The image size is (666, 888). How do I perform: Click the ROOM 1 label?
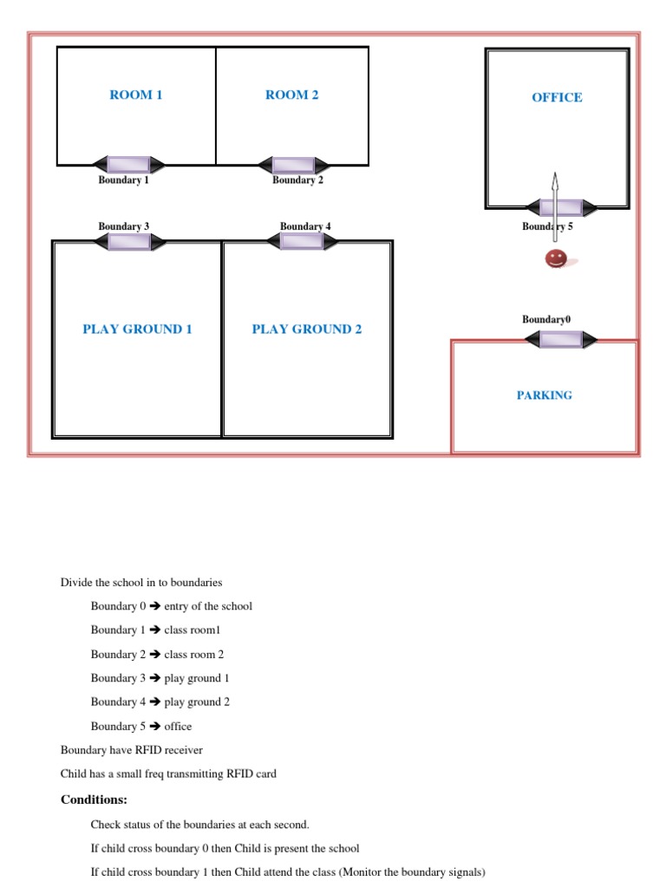(136, 95)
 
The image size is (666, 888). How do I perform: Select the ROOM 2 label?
(292, 95)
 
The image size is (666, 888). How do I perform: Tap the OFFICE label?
(557, 98)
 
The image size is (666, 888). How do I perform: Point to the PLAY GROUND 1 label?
(137, 330)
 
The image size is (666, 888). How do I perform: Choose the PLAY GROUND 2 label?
(307, 330)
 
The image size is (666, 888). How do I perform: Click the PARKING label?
(545, 395)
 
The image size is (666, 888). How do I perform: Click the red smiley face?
(556, 258)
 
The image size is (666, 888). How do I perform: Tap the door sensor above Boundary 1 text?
(128, 165)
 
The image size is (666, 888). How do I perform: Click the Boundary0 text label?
(546, 320)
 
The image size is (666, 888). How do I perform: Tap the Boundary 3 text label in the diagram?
(123, 227)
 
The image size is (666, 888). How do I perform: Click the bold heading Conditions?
(94, 800)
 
